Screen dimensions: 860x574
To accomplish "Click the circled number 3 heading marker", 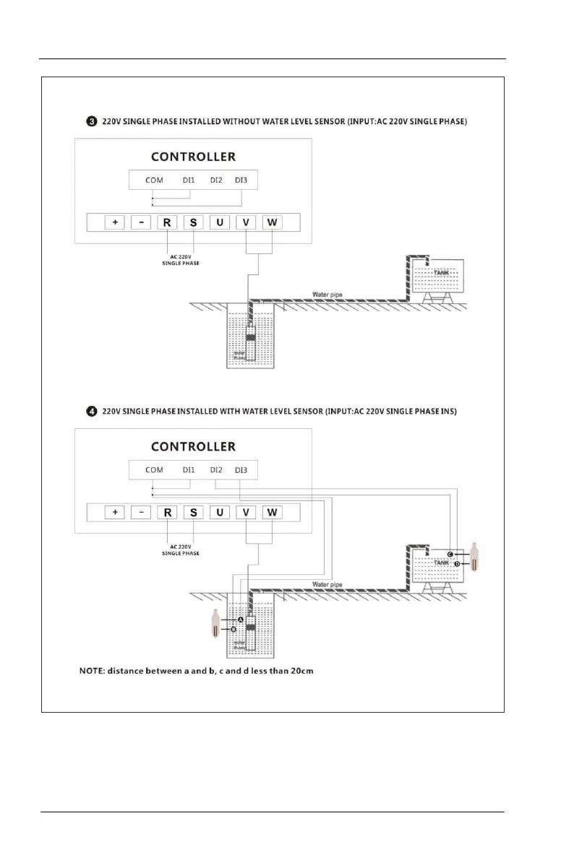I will (x=92, y=122).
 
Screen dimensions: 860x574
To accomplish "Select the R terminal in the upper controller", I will (x=167, y=222).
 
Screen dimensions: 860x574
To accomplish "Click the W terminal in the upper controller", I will (x=272, y=222).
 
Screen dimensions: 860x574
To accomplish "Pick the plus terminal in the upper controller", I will (x=115, y=222).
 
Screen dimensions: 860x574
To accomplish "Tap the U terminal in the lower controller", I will (x=220, y=513).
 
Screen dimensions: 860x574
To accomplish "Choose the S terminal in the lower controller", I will (x=193, y=513).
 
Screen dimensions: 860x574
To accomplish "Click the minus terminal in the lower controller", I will (x=141, y=513).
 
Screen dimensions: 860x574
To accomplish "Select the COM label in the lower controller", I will (x=154, y=470).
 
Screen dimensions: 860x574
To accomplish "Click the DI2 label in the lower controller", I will (x=216, y=470).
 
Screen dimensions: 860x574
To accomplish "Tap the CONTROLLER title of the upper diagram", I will (x=193, y=157).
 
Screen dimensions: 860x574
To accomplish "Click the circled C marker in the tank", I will (x=450, y=555).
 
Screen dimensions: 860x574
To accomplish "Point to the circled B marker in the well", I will (x=234, y=630).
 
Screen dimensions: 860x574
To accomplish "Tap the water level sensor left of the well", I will (x=214, y=624).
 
